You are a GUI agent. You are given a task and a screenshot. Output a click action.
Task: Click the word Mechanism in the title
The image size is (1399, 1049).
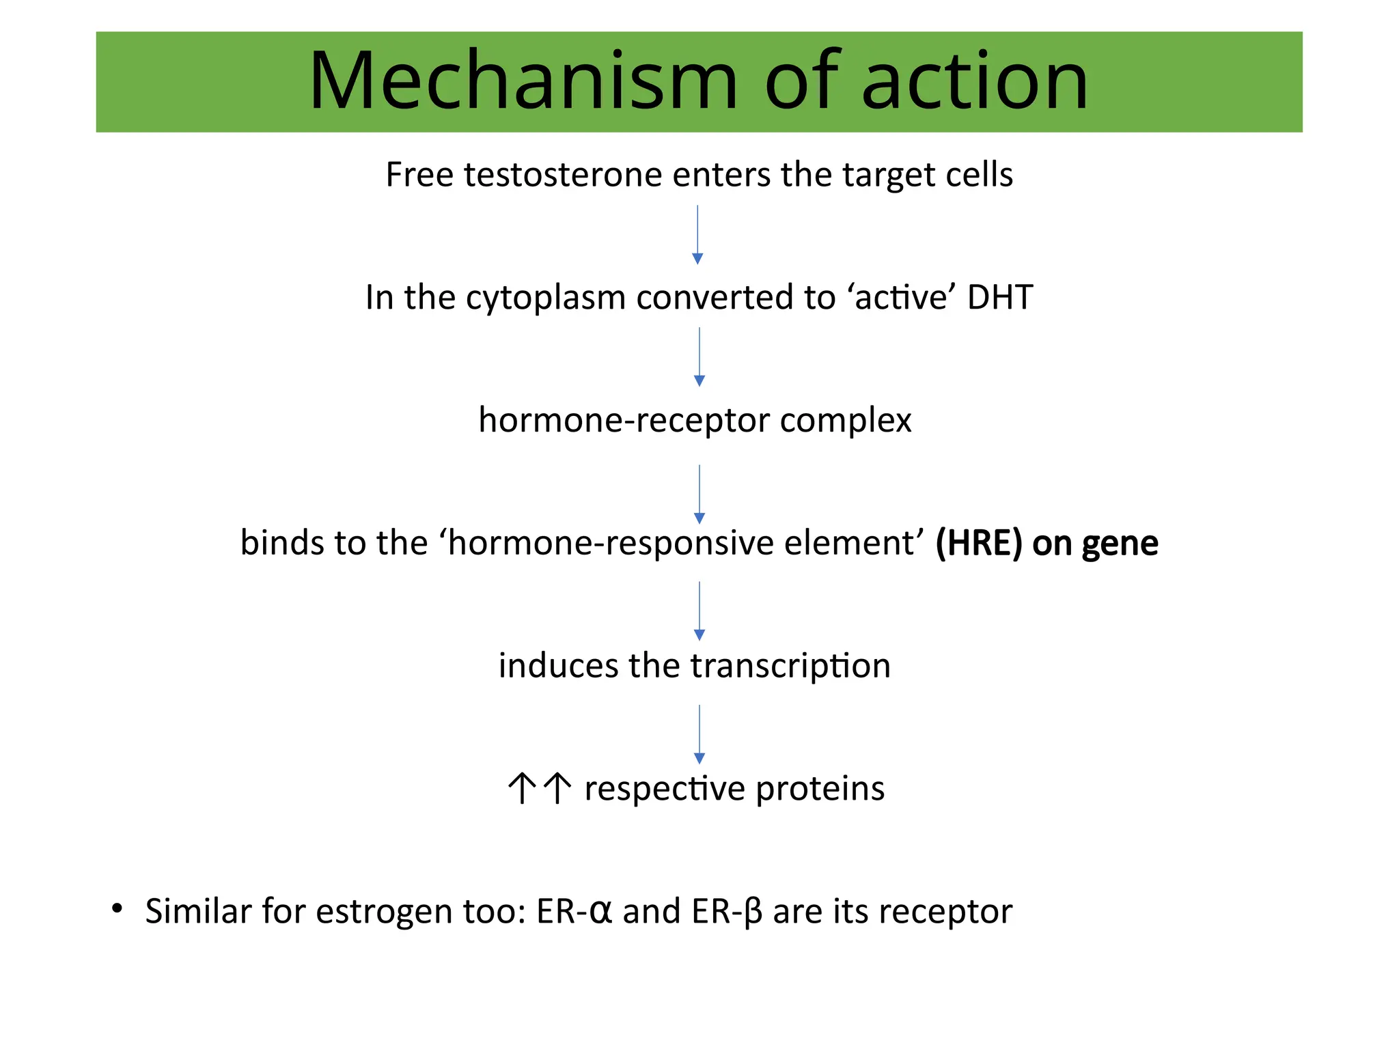click(x=523, y=81)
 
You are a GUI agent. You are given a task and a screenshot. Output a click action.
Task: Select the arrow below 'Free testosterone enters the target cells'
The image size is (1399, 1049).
click(x=697, y=235)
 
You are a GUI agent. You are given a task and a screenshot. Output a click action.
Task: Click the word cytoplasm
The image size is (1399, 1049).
click(x=546, y=298)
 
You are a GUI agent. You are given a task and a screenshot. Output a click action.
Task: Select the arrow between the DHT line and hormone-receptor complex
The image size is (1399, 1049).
click(x=699, y=356)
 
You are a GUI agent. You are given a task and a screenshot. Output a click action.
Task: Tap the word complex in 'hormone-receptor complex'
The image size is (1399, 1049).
click(x=846, y=421)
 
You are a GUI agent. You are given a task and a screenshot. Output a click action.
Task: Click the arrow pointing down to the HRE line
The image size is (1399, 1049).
click(x=699, y=494)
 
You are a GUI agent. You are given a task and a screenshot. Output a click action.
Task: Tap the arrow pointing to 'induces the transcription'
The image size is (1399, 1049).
click(x=699, y=611)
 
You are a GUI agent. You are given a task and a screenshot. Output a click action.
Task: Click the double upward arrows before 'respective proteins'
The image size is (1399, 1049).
click(x=540, y=788)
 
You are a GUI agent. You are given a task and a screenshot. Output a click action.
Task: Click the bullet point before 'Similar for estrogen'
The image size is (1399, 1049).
click(x=117, y=908)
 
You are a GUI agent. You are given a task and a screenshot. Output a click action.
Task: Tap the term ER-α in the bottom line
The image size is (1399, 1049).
click(x=574, y=912)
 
